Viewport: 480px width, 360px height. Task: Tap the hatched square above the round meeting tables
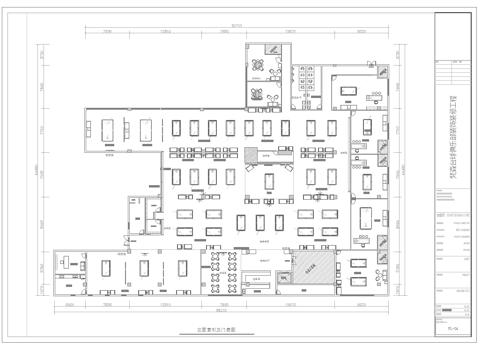pyautogui.click(x=270, y=50)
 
